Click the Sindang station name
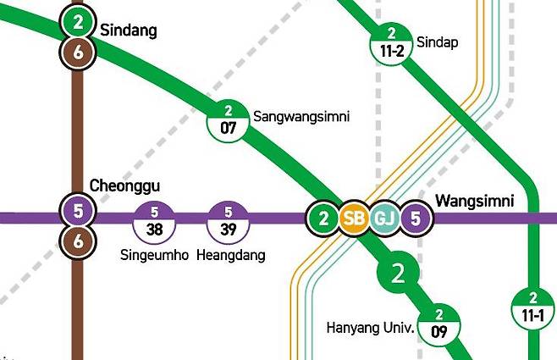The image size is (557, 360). click(129, 30)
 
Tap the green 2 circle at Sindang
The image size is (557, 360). click(79, 23)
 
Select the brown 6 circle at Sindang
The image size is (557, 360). click(79, 53)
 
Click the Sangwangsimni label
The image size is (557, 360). click(301, 116)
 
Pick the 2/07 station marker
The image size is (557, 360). click(229, 123)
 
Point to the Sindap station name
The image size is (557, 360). click(438, 42)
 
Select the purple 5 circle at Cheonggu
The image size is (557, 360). click(79, 211)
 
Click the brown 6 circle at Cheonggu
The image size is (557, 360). click(79, 241)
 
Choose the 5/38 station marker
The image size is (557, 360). click(154, 223)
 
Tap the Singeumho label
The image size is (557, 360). click(154, 255)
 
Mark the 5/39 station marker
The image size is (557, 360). click(229, 223)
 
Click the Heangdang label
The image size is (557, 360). click(231, 255)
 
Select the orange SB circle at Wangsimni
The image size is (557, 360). click(354, 219)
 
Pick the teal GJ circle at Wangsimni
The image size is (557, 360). click(384, 219)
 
